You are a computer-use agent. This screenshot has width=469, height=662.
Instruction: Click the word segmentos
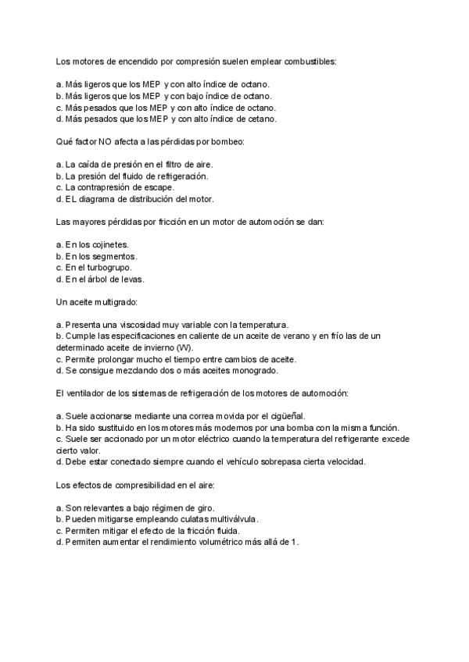(x=113, y=257)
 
